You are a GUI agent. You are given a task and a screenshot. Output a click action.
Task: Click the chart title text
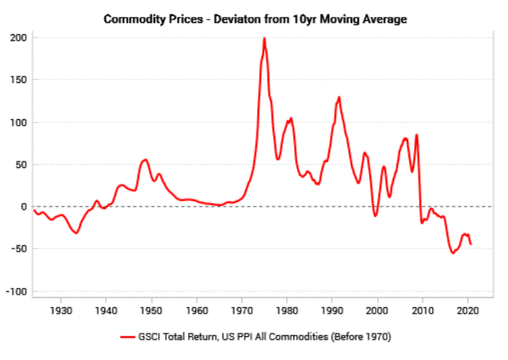255,19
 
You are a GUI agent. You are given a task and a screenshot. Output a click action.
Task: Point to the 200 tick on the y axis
19,38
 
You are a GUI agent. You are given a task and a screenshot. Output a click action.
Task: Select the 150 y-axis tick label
19,80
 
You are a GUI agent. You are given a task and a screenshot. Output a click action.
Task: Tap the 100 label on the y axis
19,123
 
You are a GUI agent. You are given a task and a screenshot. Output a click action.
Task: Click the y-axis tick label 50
21,164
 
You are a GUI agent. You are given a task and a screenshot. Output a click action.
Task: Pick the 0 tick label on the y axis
24,207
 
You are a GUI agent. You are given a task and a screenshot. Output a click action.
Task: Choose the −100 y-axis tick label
16,291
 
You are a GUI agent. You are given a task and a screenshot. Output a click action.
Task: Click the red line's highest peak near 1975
264,38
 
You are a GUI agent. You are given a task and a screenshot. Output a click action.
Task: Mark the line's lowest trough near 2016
453,253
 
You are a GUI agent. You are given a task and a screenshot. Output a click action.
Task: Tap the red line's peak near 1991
339,97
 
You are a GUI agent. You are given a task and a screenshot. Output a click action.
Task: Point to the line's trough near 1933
76,233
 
